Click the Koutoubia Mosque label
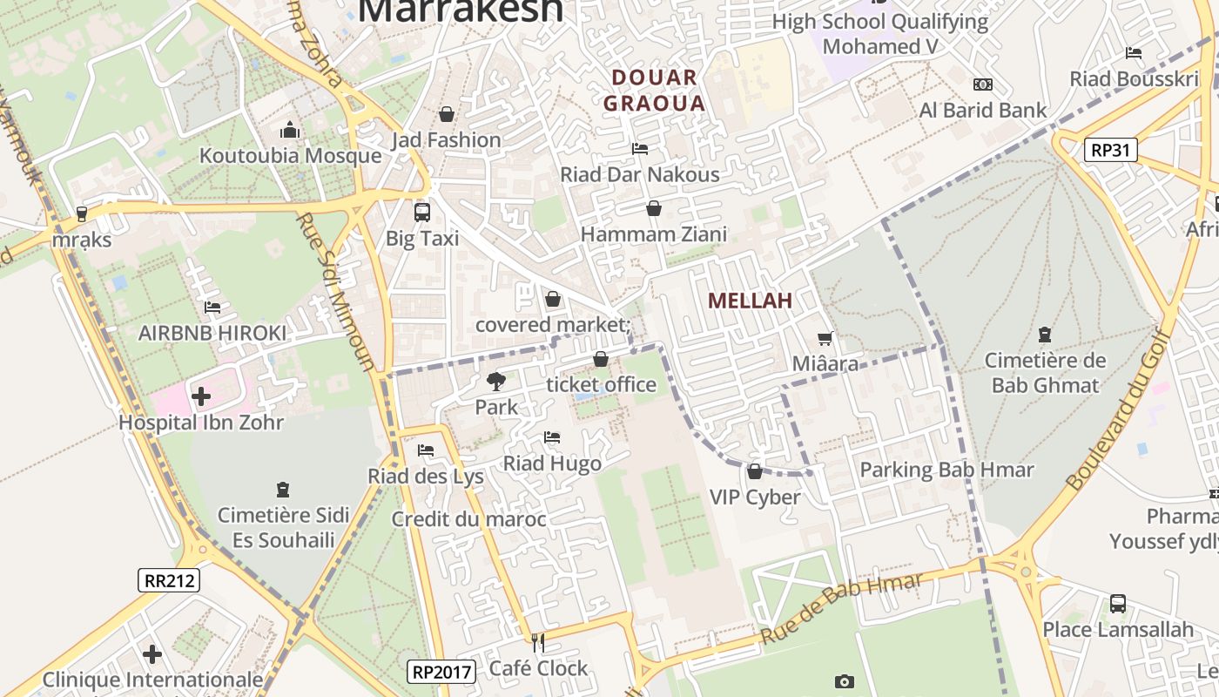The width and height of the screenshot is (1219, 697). point(291,156)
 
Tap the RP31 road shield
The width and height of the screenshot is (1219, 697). point(1112,150)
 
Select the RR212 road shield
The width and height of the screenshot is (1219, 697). point(169,580)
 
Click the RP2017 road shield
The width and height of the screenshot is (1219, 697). point(441,672)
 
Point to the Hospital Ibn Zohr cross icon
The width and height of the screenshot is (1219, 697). point(201,396)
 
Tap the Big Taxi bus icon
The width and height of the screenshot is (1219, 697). point(422,212)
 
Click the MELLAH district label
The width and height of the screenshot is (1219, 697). point(750,301)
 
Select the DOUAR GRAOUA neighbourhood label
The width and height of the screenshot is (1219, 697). point(654,91)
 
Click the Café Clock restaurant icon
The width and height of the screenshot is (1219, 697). point(538,643)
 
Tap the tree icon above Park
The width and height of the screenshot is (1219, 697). point(495,382)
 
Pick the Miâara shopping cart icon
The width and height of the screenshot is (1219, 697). point(825,338)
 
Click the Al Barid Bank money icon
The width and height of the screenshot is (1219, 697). point(983,85)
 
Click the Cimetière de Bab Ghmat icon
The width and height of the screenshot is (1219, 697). point(1044,335)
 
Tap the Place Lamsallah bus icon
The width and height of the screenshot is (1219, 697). point(1118,604)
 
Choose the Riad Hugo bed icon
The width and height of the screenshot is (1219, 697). point(552,437)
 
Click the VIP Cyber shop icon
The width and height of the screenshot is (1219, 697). point(755,471)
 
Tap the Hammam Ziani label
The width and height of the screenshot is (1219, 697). point(653,234)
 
